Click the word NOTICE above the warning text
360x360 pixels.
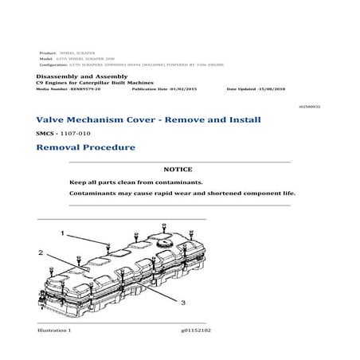[179, 170]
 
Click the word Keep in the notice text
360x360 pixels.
[76, 182]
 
